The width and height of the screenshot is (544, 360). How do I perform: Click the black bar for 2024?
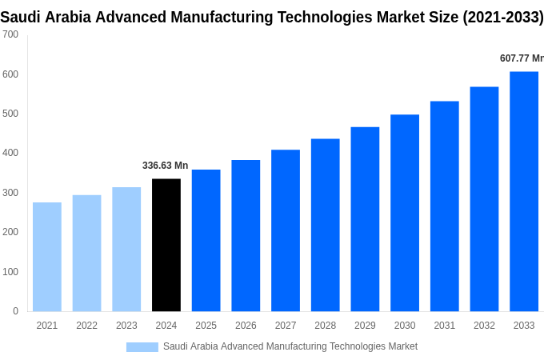166,245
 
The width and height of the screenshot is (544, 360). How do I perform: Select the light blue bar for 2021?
47,257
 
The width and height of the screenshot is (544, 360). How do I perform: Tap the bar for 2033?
524,191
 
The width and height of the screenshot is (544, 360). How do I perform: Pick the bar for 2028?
326,225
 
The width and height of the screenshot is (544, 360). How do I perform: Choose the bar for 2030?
405,213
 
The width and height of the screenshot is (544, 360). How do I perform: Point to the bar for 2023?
126,249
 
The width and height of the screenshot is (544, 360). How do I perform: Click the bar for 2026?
246,235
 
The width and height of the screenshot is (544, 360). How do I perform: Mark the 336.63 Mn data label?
166,166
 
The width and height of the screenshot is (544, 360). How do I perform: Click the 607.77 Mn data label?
521,58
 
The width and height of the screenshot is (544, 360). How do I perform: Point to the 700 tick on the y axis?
10,34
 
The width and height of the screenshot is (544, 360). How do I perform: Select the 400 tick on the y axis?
10,153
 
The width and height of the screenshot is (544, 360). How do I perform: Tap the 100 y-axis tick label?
10,272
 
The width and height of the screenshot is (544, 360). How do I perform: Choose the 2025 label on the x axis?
206,326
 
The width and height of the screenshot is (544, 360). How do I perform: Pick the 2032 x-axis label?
484,326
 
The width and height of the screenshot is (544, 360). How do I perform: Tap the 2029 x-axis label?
365,326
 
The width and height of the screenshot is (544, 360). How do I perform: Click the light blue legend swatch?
142,346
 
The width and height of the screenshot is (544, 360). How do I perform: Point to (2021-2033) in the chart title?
502,17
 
